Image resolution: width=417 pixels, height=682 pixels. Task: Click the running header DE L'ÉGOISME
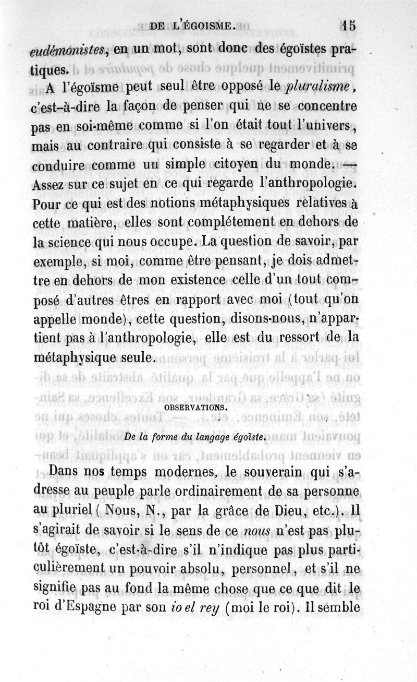tap(193, 25)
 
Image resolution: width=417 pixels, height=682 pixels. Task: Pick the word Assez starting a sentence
tap(53, 184)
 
